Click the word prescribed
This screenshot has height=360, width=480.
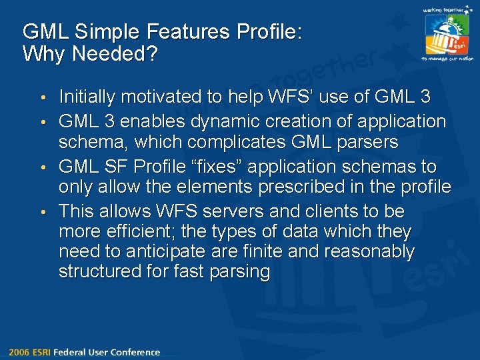(x=291, y=187)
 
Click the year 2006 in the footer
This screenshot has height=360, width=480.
(x=19, y=352)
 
